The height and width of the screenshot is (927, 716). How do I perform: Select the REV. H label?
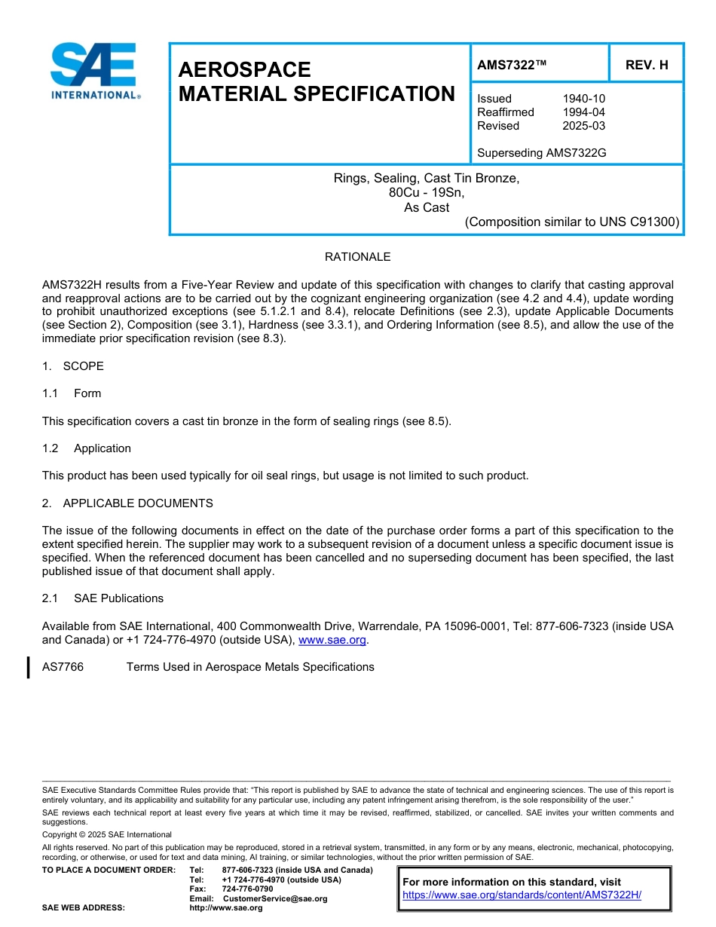647,65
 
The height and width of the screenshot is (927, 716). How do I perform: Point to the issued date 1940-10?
583,99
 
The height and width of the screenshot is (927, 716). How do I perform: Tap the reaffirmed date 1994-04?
583,112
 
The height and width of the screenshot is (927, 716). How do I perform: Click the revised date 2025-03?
583,126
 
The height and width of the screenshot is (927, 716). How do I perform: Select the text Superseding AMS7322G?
542,153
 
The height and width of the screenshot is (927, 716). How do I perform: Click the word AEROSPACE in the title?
244,70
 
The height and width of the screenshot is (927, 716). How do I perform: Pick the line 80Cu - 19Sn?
427,193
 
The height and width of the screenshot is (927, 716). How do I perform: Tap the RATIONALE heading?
357,257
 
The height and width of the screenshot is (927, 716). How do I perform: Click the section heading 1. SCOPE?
73,366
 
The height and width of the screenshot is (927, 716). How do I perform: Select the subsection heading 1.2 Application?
87,448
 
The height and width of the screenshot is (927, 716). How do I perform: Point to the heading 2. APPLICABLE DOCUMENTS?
127,503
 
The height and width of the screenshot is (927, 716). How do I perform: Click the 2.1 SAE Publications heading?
103,598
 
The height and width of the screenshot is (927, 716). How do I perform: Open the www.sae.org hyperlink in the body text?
332,640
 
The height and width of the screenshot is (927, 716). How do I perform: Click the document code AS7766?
63,667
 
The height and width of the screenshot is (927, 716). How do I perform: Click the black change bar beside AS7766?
29,667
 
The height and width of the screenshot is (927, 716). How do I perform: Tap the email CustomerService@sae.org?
275,898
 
